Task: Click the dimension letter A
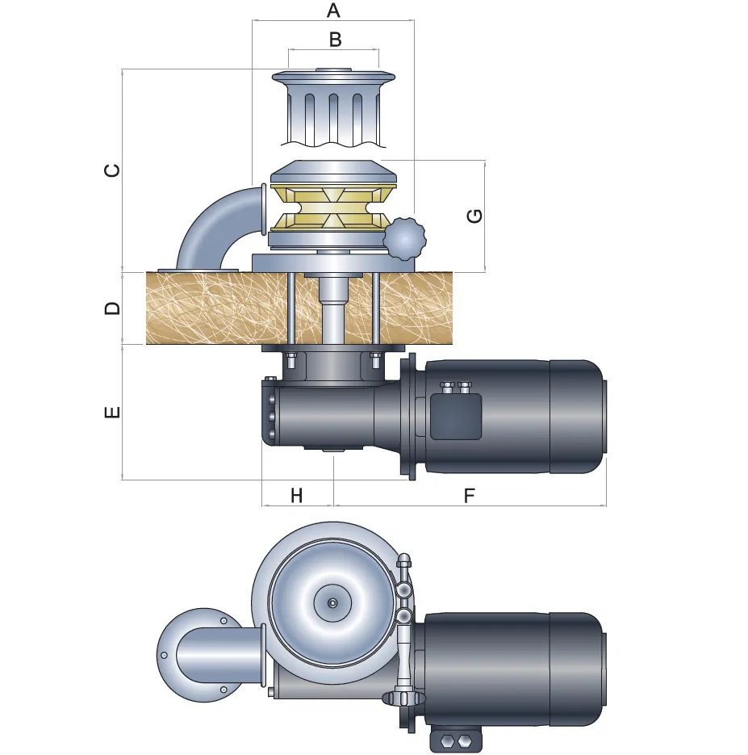(333, 11)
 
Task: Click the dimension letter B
(333, 39)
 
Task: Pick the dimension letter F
(470, 496)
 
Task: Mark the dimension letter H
(296, 496)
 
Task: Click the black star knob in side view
(403, 238)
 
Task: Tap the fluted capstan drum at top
(333, 109)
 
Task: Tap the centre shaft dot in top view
(332, 602)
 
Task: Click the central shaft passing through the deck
(332, 311)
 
